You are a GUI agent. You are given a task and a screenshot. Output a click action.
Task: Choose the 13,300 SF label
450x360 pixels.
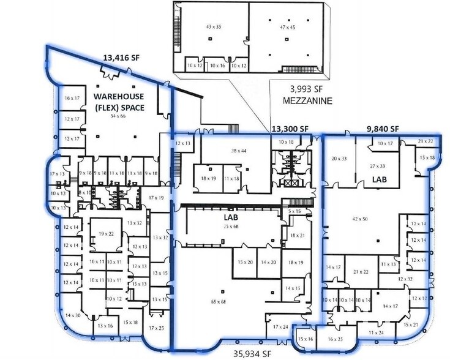coord(290,129)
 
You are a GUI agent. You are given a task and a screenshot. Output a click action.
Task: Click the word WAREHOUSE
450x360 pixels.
coord(119,97)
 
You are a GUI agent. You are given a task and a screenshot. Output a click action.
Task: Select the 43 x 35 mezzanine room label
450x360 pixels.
coord(213,27)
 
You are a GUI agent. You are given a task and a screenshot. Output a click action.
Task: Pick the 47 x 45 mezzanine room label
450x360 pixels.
coord(285,27)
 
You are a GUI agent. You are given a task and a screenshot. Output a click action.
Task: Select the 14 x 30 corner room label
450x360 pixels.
coord(72,315)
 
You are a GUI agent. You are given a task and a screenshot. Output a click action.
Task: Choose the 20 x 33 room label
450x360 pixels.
coord(339,159)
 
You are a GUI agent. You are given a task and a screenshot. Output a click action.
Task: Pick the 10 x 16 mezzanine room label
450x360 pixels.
coord(217,64)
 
